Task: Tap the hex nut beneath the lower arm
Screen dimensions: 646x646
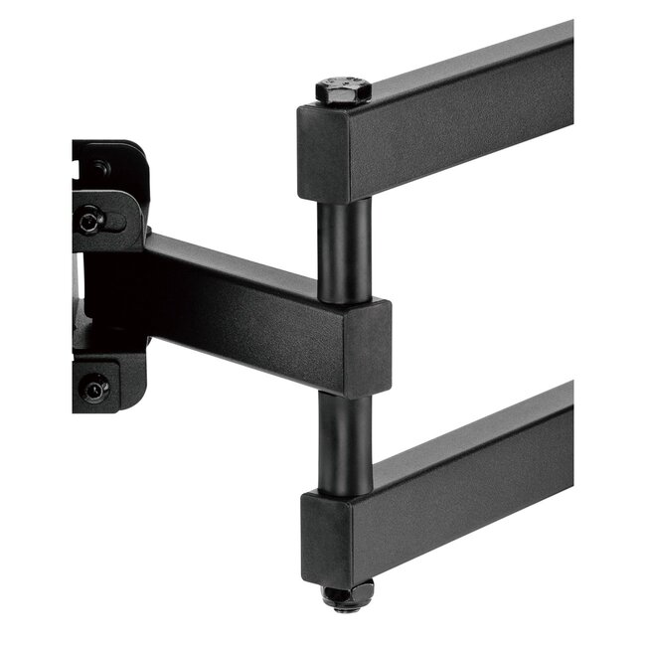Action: [x=347, y=594]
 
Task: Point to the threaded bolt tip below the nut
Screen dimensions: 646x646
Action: [x=346, y=607]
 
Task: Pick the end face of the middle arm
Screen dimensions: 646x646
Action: [x=367, y=347]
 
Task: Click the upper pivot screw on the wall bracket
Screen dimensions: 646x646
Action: [x=91, y=220]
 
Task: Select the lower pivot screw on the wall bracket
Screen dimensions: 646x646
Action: [x=94, y=388]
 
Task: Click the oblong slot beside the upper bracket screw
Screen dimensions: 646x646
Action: [x=115, y=221]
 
